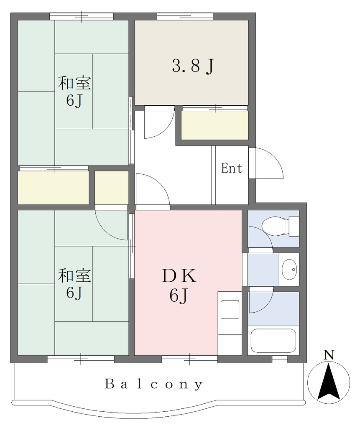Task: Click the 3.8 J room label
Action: click(x=192, y=66)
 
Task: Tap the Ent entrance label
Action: click(x=232, y=168)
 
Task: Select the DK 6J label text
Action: click(x=179, y=285)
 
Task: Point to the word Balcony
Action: click(x=154, y=385)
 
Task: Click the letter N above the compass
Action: click(x=329, y=355)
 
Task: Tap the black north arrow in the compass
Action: click(x=329, y=381)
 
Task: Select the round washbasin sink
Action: click(x=289, y=270)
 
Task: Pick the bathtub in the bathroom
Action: click(x=273, y=341)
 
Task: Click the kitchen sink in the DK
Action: click(x=230, y=310)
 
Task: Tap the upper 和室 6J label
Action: click(x=74, y=92)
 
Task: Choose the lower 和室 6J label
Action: click(x=74, y=284)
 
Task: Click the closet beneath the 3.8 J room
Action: click(x=215, y=125)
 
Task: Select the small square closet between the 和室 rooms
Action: click(x=112, y=188)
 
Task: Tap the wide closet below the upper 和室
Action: click(x=53, y=188)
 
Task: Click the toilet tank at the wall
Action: click(x=294, y=226)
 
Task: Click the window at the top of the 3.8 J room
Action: click(x=185, y=16)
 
